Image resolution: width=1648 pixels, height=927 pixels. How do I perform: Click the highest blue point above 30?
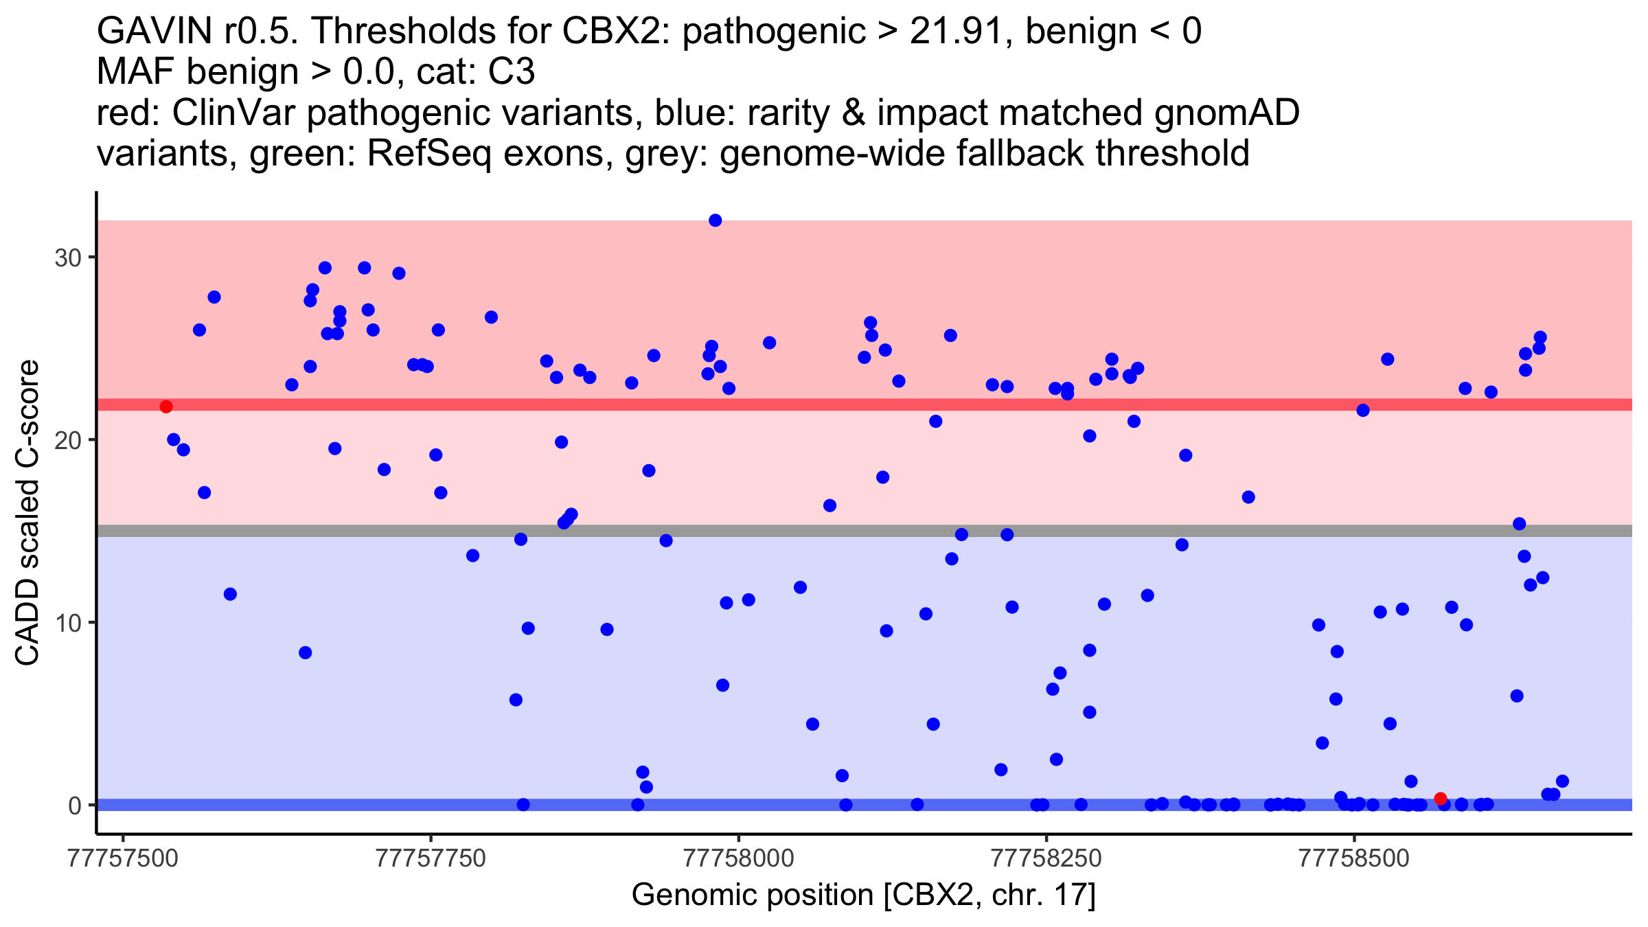pyautogui.click(x=715, y=220)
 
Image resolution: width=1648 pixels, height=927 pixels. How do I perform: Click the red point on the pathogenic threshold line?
pyautogui.click(x=166, y=407)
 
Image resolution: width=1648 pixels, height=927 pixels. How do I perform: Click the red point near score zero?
pyautogui.click(x=1441, y=799)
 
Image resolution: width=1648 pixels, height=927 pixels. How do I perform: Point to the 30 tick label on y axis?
pyautogui.click(x=67, y=258)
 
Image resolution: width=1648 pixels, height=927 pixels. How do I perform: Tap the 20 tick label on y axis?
pyautogui.click(x=67, y=440)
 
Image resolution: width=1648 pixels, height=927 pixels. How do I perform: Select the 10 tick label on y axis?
pyautogui.click(x=67, y=623)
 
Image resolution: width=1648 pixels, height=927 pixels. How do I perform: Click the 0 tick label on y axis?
pyautogui.click(x=74, y=805)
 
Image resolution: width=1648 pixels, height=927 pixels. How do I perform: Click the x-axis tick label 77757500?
pyautogui.click(x=124, y=858)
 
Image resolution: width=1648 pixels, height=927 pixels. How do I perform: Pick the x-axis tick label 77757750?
pyautogui.click(x=431, y=858)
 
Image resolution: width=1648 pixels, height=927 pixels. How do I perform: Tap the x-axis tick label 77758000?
pyautogui.click(x=739, y=858)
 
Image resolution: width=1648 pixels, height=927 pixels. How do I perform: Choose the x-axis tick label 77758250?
pyautogui.click(x=1046, y=858)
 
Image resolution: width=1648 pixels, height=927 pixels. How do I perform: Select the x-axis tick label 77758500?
pyautogui.click(x=1354, y=858)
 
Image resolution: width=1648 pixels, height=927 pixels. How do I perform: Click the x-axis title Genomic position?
pyautogui.click(x=863, y=895)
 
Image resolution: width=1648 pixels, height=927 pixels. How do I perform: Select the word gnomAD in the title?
pyautogui.click(x=1226, y=113)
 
